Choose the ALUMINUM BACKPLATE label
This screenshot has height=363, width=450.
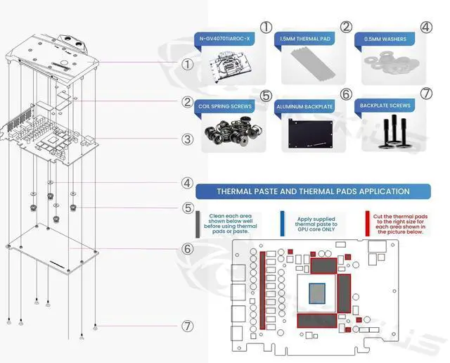point(304,106)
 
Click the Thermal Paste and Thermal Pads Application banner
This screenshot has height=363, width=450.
point(313,191)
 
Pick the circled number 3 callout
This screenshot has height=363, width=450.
point(187,139)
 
